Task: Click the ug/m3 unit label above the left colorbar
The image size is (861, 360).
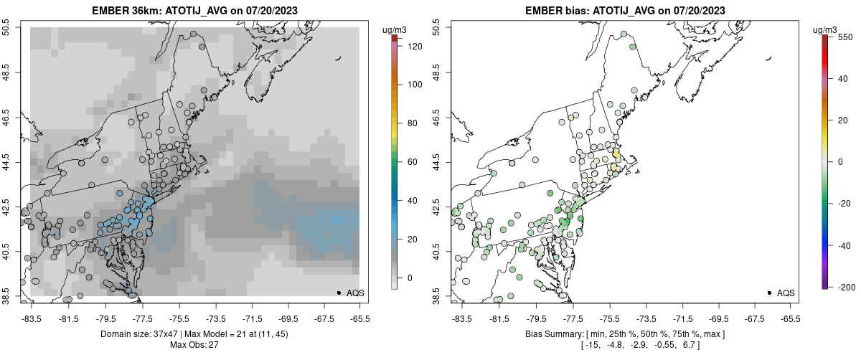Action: [x=395, y=29]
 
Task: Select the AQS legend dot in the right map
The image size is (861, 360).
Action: [x=769, y=293]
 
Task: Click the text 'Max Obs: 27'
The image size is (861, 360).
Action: [x=194, y=345]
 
